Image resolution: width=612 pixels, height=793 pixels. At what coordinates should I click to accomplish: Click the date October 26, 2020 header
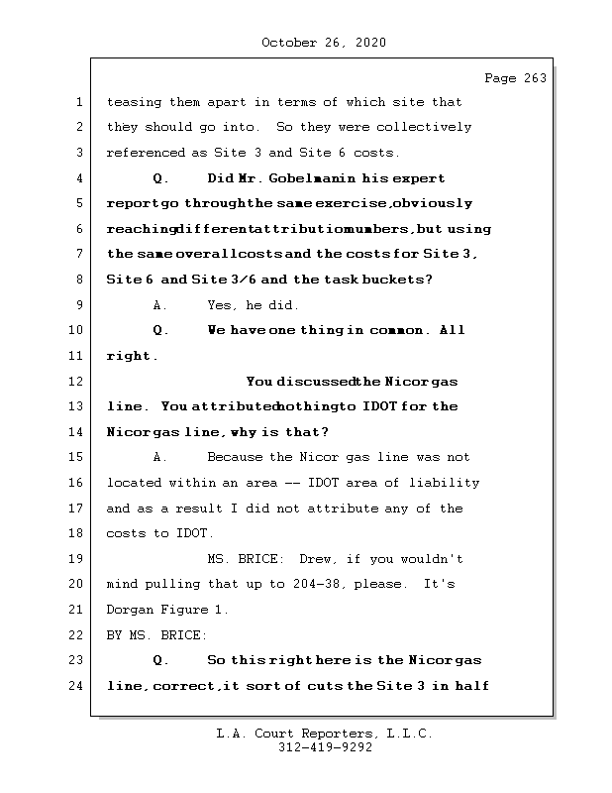[324, 43]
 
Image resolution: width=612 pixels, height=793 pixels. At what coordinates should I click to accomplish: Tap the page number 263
[533, 79]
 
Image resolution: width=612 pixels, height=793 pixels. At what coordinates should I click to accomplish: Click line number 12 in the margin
[78, 382]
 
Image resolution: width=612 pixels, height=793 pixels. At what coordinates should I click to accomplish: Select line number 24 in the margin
[78, 686]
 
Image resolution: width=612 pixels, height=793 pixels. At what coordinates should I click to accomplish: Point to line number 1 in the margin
[78, 102]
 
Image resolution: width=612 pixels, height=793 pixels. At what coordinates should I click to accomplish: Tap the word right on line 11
[128, 356]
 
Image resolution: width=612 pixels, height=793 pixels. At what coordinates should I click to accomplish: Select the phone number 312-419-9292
[324, 748]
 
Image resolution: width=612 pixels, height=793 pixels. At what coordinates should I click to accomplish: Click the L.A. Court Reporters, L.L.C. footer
[324, 735]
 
